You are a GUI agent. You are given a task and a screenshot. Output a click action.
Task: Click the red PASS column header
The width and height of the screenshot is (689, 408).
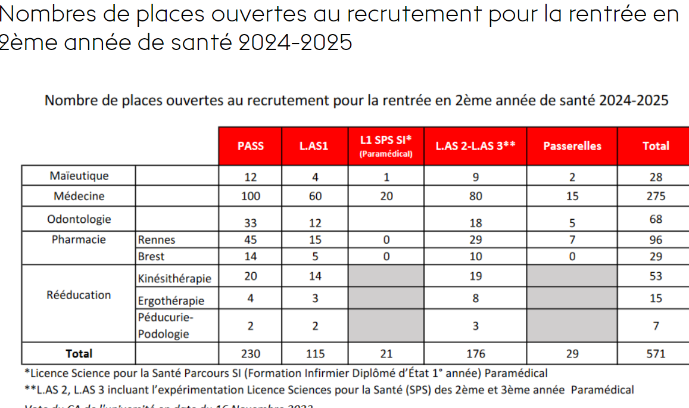click(x=250, y=146)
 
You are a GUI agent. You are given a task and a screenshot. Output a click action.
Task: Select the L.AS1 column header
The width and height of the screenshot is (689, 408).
click(x=314, y=146)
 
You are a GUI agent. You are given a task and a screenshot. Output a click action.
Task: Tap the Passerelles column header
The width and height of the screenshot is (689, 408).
click(x=572, y=146)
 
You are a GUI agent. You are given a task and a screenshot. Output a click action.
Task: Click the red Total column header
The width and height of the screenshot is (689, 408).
click(x=655, y=146)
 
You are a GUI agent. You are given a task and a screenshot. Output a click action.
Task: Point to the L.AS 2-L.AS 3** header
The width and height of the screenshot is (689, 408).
click(x=475, y=146)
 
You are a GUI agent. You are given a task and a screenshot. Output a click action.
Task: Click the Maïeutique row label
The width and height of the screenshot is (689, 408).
click(x=79, y=176)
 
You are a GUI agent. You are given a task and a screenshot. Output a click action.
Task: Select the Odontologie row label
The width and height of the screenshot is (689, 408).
click(x=79, y=219)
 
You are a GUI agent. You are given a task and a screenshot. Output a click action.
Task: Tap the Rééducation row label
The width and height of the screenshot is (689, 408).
click(x=79, y=295)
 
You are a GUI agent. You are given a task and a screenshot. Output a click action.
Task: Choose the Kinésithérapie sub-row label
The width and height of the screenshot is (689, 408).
click(x=174, y=278)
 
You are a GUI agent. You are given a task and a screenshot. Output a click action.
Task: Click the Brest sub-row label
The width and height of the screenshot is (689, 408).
click(x=151, y=257)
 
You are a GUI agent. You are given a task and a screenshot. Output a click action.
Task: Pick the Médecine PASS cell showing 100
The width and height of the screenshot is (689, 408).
click(x=251, y=196)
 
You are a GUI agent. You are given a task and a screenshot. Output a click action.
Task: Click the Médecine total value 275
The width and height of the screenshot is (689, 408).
click(x=656, y=196)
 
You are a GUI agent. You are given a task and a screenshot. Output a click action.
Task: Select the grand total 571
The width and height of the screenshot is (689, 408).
click(x=656, y=354)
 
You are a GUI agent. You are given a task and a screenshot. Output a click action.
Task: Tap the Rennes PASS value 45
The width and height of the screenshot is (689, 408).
click(x=251, y=240)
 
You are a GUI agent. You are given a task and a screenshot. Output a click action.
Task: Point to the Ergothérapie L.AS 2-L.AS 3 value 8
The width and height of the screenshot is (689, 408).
click(x=475, y=298)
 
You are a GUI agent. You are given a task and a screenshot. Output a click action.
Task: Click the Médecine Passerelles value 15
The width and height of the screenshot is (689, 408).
click(x=572, y=196)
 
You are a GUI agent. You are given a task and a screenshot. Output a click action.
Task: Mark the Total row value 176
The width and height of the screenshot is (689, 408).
click(x=475, y=354)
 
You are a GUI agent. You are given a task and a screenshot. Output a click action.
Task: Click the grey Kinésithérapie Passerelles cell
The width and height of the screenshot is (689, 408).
click(x=572, y=276)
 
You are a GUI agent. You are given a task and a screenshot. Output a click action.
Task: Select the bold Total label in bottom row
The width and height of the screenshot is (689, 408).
click(x=79, y=354)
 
